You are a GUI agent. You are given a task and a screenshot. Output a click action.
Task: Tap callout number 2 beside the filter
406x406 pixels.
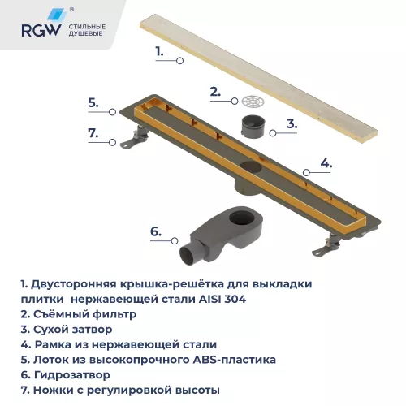click(215, 91)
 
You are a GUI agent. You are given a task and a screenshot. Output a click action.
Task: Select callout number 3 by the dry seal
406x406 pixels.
click(292, 124)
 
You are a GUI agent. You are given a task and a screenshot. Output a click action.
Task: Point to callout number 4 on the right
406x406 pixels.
click(326, 162)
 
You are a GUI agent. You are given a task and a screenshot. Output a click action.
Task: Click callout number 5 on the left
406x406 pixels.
click(93, 102)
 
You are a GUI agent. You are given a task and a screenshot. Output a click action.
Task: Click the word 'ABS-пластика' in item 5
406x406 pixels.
click(239, 359)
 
